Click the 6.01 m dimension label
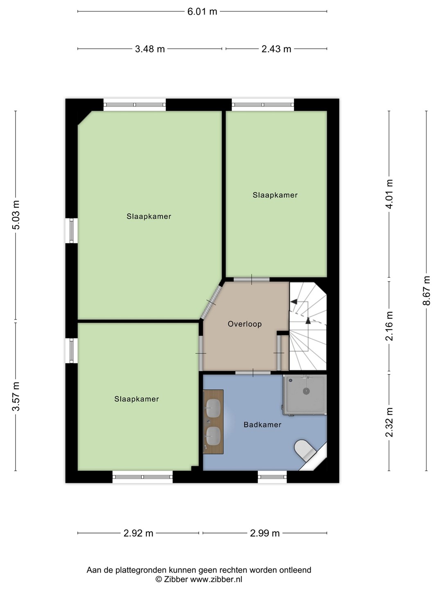coord(202,12)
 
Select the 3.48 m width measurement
coord(150,49)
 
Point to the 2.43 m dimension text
coord(276,49)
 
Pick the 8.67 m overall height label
coord(426,290)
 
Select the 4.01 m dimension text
coord(389,194)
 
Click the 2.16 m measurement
coord(389,326)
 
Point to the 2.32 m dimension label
coord(389,422)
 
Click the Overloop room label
coord(245,324)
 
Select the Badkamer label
coord(262,425)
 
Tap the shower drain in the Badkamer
coord(307,391)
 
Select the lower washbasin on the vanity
coord(213,436)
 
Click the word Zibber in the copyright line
coord(176,580)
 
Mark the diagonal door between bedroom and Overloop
coord(211,302)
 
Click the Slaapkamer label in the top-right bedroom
coord(275,195)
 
